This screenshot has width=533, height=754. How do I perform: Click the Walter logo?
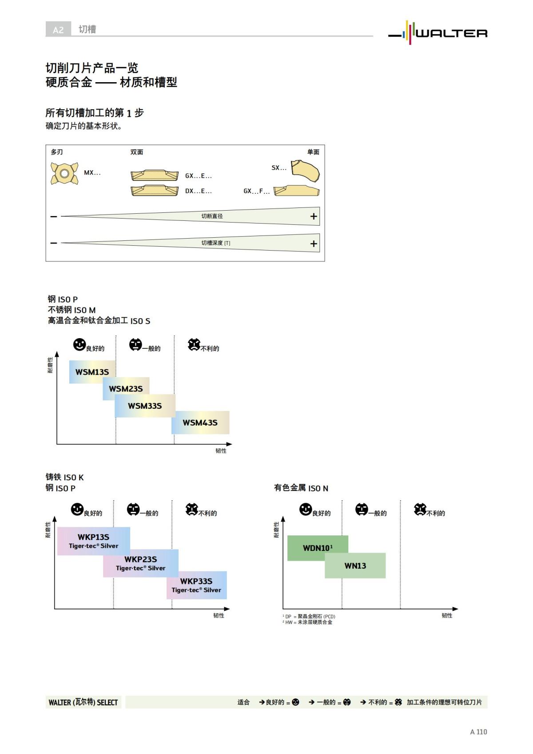(438, 33)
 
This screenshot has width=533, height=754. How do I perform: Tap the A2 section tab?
(58, 30)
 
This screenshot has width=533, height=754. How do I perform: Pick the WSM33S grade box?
(145, 406)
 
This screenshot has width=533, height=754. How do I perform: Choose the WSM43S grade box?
(200, 423)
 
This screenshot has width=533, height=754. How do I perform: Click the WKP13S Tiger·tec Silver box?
(93, 541)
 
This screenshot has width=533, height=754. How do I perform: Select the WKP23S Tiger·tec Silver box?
(141, 563)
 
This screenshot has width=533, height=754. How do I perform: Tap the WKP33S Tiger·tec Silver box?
(197, 585)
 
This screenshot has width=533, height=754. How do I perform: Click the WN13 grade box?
(355, 566)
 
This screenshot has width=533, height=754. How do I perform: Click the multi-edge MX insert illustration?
(64, 173)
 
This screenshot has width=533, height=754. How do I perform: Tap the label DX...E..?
(198, 191)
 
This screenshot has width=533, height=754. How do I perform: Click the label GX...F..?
(256, 191)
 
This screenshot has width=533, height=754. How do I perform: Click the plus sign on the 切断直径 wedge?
(314, 216)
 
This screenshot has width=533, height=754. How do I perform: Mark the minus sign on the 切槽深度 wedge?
(54, 243)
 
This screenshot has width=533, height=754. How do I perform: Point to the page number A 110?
(478, 732)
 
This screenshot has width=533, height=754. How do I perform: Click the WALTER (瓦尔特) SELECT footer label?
(83, 702)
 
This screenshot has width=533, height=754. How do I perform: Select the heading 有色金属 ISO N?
(301, 488)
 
